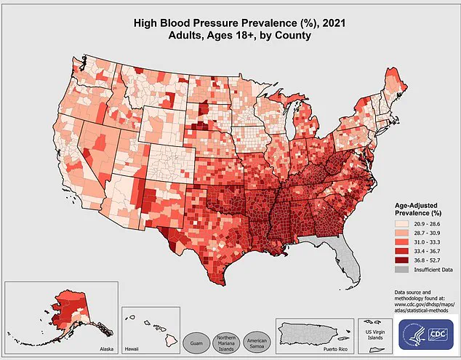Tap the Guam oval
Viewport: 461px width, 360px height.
195,342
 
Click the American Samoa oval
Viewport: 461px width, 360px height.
259,342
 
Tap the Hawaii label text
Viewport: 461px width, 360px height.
132,349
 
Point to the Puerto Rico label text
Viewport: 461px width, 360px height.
336,349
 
